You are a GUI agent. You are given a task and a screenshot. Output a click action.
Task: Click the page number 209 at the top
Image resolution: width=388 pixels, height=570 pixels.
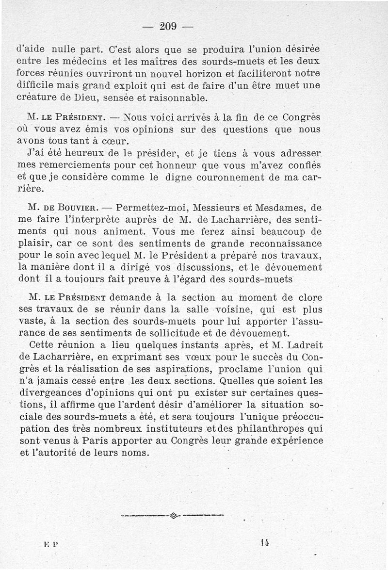coord(168,26)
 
